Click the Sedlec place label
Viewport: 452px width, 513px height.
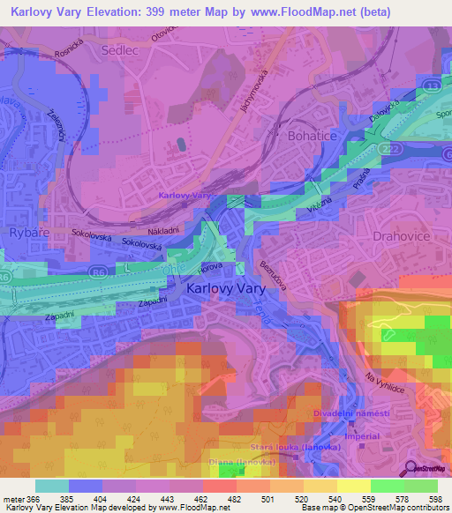[121, 51]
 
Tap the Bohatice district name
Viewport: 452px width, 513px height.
[313, 137]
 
